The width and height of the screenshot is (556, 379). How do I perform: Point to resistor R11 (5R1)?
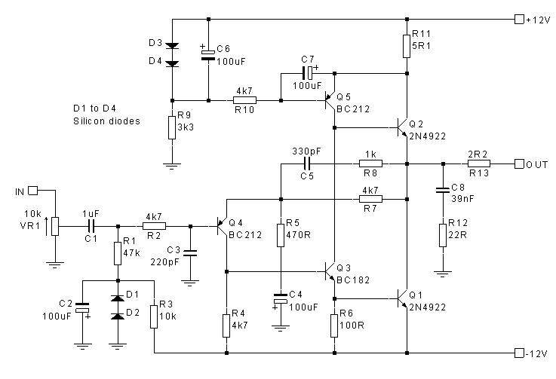click(407, 44)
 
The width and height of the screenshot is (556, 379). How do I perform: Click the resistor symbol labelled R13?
click(479, 163)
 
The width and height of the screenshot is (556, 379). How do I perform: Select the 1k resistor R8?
click(370, 163)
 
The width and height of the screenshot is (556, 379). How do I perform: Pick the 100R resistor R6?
click(333, 326)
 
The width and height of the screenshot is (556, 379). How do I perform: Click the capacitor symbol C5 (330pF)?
click(306, 163)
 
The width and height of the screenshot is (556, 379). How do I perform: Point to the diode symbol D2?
click(118, 315)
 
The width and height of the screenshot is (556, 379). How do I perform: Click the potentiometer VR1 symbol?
click(54, 225)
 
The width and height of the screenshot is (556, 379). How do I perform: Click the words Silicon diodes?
click(106, 121)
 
